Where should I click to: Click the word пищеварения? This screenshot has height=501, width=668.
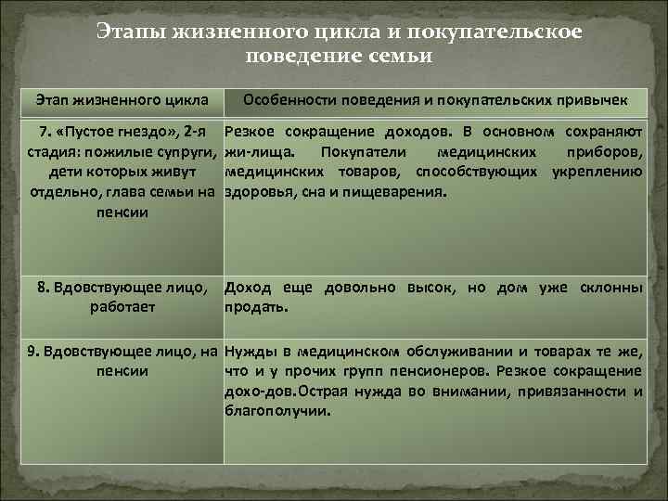(x=400, y=193)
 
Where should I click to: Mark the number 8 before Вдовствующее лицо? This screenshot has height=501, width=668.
(x=43, y=288)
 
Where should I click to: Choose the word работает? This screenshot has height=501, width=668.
(x=123, y=307)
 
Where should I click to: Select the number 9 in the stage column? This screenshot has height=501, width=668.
(x=33, y=351)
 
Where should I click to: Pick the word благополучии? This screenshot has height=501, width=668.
(x=276, y=411)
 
